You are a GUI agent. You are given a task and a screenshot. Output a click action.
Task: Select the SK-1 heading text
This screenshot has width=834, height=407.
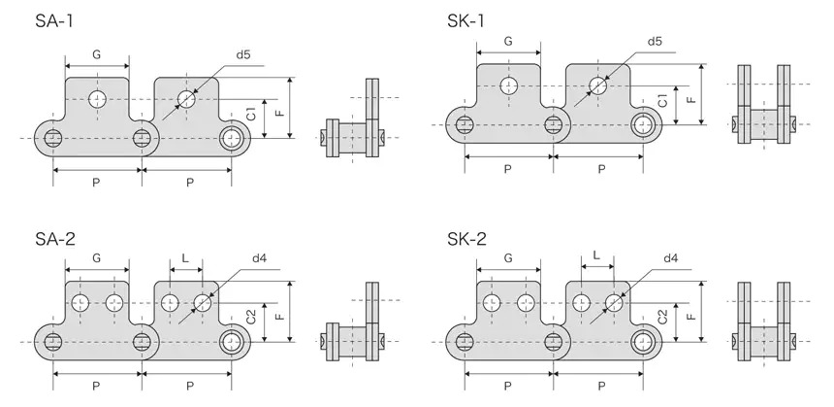point(467,20)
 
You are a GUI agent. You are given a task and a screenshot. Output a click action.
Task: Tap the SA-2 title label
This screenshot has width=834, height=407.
point(40,239)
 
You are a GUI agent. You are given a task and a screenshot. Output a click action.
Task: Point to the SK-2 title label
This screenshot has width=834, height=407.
point(468,239)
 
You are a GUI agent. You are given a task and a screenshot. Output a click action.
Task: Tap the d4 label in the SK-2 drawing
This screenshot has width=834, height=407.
point(671,258)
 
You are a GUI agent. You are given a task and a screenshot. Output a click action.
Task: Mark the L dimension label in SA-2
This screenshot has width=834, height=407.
point(185,259)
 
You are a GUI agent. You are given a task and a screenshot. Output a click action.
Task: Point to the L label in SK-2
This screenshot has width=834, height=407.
point(596,258)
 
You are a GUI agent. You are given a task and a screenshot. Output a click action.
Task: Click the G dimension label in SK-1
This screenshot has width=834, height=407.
point(509,42)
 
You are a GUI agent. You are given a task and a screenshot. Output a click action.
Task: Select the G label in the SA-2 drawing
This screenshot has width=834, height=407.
point(97,258)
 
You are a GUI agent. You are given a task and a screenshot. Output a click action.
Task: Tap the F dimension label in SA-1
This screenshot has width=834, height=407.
point(279,113)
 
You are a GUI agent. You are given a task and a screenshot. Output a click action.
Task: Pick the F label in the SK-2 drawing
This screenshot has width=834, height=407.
point(690,317)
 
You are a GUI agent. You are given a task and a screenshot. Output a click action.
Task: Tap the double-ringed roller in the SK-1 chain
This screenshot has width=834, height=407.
point(643,123)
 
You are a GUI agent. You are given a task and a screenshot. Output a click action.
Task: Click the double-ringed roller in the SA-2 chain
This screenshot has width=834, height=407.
point(232,340)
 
